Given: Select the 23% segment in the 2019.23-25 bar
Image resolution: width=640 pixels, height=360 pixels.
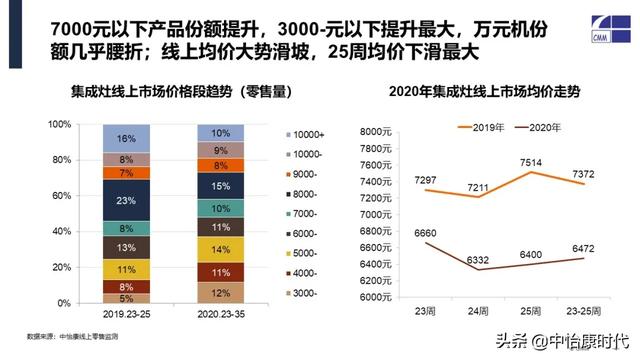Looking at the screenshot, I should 125,200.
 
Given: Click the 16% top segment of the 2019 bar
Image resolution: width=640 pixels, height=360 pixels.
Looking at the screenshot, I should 125,138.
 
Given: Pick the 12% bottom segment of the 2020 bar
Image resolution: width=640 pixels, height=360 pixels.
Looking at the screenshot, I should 221,292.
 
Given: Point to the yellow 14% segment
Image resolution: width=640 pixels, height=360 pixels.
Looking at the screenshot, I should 221,249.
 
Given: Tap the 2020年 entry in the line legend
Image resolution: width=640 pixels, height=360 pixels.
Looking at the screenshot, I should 541,128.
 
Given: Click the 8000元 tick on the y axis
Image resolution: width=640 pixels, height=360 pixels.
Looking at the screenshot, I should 369,132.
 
